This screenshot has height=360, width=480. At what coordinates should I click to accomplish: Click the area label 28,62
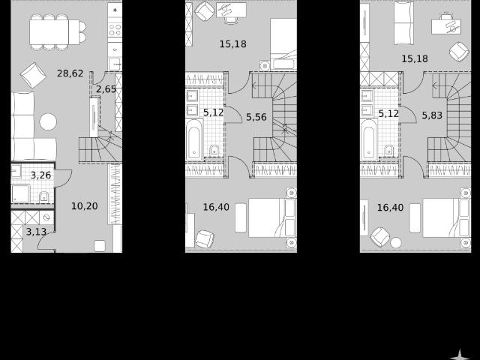70,73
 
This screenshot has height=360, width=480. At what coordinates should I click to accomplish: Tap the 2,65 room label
106,89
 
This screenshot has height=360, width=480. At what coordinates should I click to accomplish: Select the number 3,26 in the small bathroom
40,175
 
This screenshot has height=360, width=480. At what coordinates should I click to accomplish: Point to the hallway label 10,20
85,206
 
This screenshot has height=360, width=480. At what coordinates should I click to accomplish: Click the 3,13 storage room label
36,232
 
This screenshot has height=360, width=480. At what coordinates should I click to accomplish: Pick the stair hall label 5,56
256,117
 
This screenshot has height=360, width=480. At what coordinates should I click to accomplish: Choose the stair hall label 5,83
432,115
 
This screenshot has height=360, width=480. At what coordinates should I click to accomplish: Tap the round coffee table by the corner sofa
48,121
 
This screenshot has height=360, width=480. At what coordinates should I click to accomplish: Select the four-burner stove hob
115,30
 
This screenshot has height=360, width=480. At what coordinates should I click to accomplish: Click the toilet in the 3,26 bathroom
43,196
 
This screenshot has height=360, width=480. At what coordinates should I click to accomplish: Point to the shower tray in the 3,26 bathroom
20,193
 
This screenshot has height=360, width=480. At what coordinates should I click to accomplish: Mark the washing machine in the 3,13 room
46,217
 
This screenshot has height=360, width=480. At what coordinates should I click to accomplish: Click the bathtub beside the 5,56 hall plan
194,139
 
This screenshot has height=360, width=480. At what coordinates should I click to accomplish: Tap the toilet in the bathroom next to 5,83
388,150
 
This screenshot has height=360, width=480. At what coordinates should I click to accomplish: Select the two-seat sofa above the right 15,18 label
403,23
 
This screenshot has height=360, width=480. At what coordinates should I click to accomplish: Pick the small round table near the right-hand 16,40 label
396,243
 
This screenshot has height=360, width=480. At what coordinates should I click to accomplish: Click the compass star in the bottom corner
460,355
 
